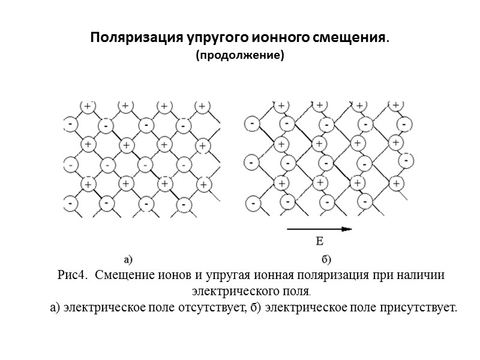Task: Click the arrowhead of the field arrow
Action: (x=347, y=229)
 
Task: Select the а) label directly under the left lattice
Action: (x=128, y=259)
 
